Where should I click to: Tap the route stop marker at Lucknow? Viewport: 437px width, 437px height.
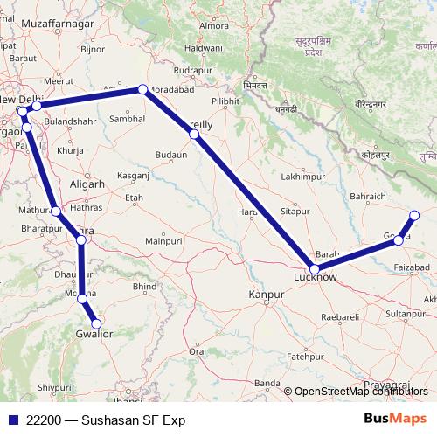pos(315,269)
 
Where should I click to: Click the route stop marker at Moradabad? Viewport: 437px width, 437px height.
pos(142,89)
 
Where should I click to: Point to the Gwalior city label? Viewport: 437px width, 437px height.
pos(95,333)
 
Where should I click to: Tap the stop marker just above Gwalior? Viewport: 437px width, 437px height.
pos(82,299)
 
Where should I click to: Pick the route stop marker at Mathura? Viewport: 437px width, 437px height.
pos(56,211)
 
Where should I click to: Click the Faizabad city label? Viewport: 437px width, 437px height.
pos(413,266)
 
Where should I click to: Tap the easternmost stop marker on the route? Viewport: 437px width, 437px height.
pos(414,215)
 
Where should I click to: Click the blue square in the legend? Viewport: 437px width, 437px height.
pos(11,420)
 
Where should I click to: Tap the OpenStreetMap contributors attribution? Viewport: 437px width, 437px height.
pos(358,392)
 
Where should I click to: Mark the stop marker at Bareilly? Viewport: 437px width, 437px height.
pos(194,135)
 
